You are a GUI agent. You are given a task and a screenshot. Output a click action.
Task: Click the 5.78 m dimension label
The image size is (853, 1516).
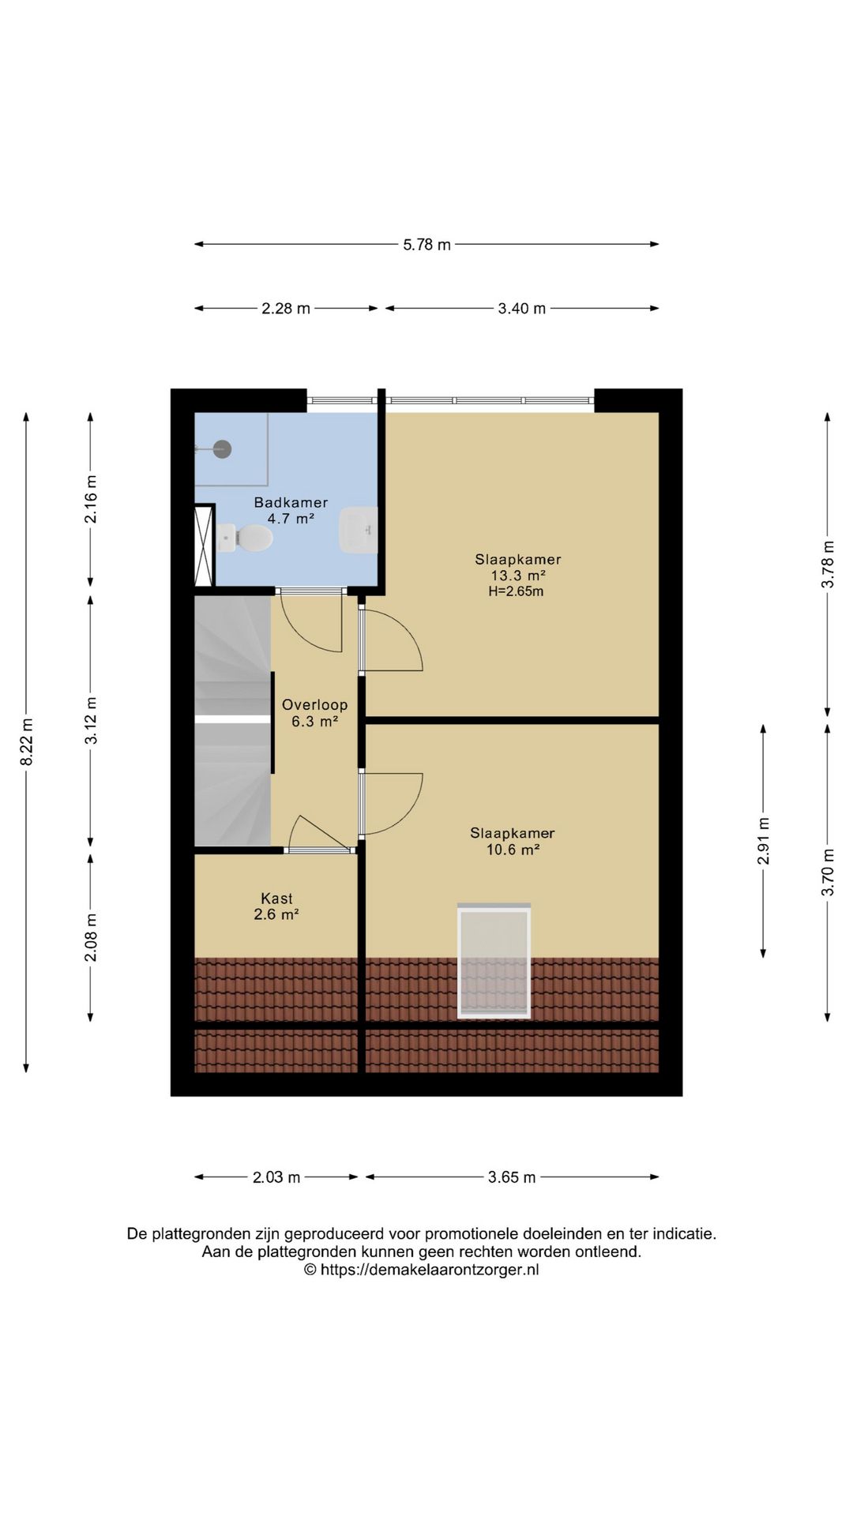pos(426,245)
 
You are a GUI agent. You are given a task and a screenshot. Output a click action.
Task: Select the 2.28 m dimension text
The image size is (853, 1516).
pos(286,309)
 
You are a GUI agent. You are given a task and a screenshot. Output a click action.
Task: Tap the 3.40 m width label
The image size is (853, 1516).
pos(521,309)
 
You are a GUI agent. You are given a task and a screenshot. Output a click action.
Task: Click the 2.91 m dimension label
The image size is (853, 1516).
pos(764,840)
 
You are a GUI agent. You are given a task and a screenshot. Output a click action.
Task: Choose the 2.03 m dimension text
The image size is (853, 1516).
pos(276,1177)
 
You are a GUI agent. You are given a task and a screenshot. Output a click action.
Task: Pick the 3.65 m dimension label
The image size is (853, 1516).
pos(512,1177)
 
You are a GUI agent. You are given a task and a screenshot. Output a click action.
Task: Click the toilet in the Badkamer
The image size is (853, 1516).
pos(245,538)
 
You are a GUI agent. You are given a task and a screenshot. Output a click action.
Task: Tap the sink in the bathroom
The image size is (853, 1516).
pos(359,530)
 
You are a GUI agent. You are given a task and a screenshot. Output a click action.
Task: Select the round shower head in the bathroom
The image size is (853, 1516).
pos(223,448)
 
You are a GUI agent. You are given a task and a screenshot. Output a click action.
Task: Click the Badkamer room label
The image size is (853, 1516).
pos(291,502)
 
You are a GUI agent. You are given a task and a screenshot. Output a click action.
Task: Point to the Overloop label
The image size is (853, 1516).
pos(314,704)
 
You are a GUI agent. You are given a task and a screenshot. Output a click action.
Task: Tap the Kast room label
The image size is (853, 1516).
pos(276,898)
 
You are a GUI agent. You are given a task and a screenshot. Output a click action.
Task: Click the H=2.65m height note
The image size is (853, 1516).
pos(516,591)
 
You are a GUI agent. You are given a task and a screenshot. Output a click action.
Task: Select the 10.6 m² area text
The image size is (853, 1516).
pos(513,850)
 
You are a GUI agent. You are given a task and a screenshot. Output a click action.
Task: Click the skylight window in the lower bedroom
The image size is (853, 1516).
pos(494,961)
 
